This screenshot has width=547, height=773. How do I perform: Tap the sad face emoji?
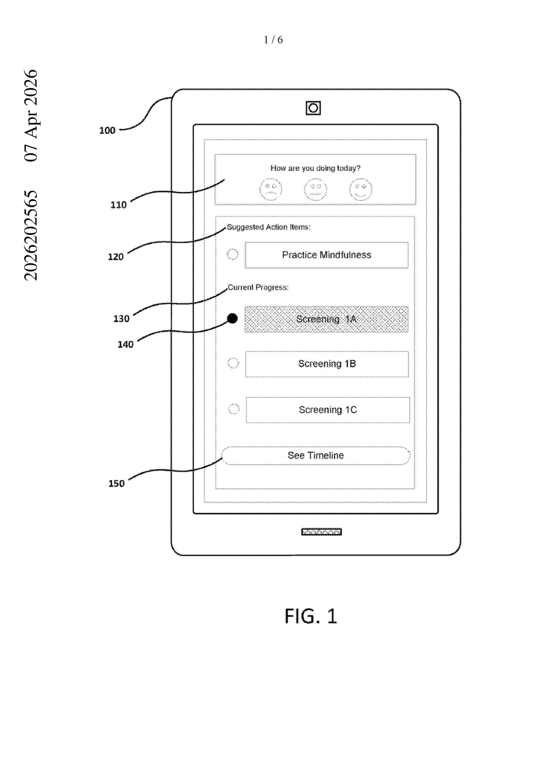coord(271,189)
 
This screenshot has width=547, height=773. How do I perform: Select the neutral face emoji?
coord(315,189)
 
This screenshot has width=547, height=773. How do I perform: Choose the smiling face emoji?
coord(361,189)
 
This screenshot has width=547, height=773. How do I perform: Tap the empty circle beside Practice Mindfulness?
coord(232,254)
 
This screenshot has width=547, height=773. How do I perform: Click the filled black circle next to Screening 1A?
coord(232,318)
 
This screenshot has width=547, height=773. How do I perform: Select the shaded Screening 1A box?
coord(326,319)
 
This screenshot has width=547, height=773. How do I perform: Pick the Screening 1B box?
coord(327,364)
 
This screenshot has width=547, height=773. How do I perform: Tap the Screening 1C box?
coord(328,410)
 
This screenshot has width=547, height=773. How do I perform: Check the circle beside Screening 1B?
coord(233,363)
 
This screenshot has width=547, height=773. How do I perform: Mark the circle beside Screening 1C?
coord(234,409)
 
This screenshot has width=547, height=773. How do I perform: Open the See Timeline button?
coord(316,455)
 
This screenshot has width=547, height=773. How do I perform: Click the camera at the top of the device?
coord(313,108)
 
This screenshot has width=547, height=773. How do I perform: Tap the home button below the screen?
coord(322,532)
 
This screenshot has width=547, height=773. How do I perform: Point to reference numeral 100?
coord(107,130)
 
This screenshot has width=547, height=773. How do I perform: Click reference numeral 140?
coord(125,344)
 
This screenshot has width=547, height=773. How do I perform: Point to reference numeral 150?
coord(116,483)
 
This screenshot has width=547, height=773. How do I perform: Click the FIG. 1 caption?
coord(311,616)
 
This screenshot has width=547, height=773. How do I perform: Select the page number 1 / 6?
coord(273,40)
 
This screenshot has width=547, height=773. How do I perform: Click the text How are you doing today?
coord(315,168)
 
